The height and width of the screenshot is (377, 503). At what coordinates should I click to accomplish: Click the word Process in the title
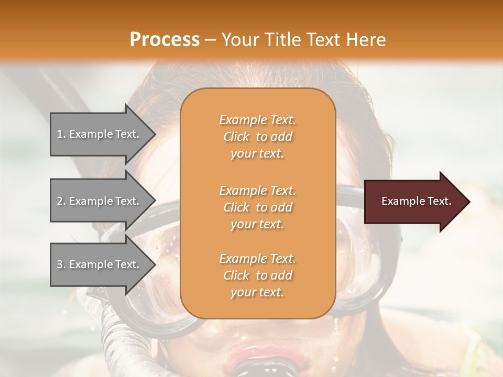[165, 40]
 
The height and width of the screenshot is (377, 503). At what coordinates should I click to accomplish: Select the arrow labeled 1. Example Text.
[100, 134]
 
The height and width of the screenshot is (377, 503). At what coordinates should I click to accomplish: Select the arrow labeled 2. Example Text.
[100, 201]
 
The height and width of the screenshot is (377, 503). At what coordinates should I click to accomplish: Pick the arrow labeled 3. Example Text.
[100, 264]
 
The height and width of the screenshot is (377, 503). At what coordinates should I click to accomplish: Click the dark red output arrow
[414, 202]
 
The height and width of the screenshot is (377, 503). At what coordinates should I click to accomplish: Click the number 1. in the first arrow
[61, 134]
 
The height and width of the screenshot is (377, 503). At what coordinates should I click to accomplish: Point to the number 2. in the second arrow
[61, 201]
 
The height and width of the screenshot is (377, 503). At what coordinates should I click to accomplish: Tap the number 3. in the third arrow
[61, 264]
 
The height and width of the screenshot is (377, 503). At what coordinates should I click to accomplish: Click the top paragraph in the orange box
[257, 137]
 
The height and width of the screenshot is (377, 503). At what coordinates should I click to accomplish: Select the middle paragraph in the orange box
[257, 207]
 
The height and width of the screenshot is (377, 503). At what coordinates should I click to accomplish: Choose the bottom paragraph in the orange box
[257, 275]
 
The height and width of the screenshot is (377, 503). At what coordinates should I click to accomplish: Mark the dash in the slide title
[210, 40]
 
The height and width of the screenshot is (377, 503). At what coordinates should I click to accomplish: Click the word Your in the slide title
[239, 40]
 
